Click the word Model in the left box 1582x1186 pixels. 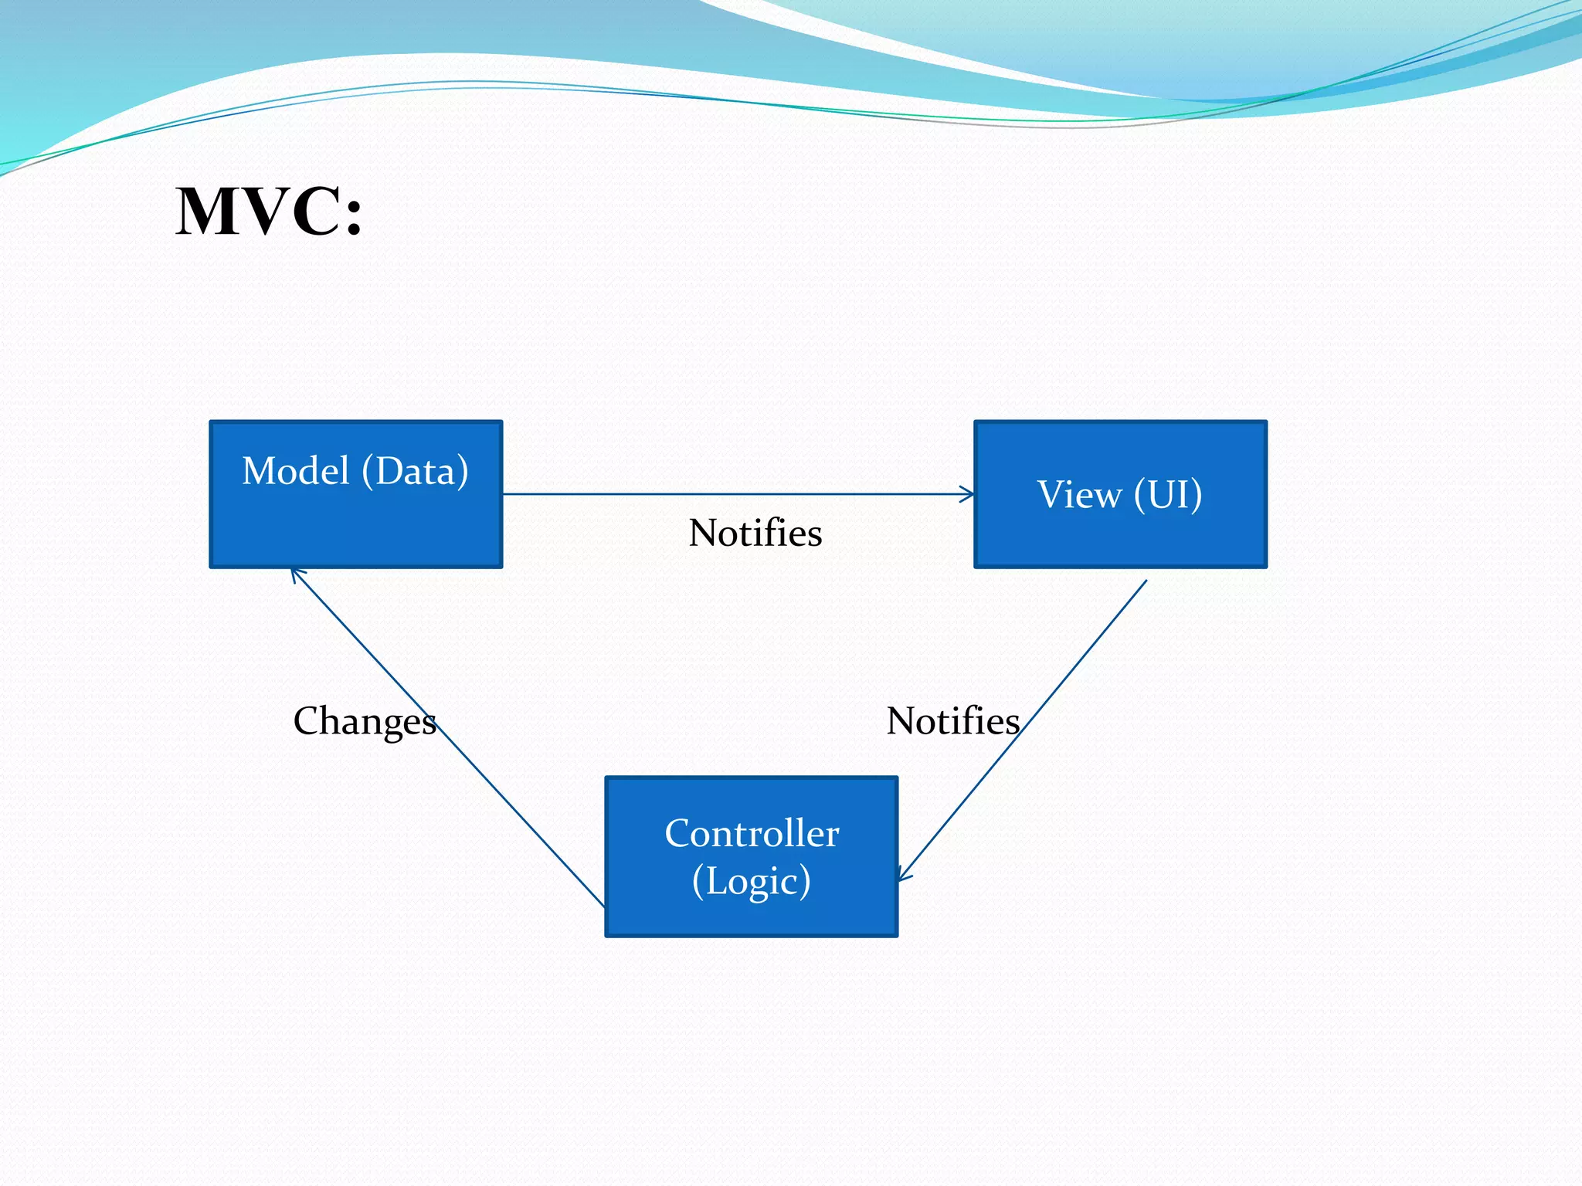click(296, 471)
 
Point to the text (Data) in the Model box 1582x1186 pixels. click(416, 471)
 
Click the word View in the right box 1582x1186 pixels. click(1079, 494)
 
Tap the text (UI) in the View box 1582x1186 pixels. click(1168, 494)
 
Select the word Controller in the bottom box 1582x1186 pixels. click(752, 833)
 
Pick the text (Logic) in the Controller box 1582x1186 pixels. click(752, 881)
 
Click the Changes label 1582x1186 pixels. click(365, 721)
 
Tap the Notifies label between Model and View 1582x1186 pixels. click(755, 533)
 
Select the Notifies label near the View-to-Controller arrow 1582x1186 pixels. click(952, 721)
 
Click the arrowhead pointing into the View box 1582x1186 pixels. click(968, 494)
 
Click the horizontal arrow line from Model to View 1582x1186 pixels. click(734, 494)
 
